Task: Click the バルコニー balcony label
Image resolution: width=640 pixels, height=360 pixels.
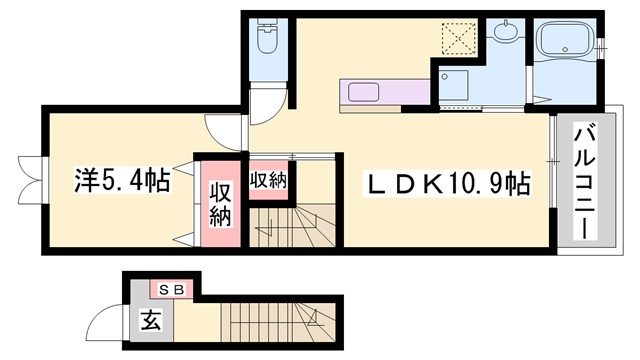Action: pyautogui.click(x=583, y=180)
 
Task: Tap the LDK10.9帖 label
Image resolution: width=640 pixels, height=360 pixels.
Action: pyautogui.click(x=446, y=183)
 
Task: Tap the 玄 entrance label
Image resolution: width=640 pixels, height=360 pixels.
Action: pyautogui.click(x=151, y=322)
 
